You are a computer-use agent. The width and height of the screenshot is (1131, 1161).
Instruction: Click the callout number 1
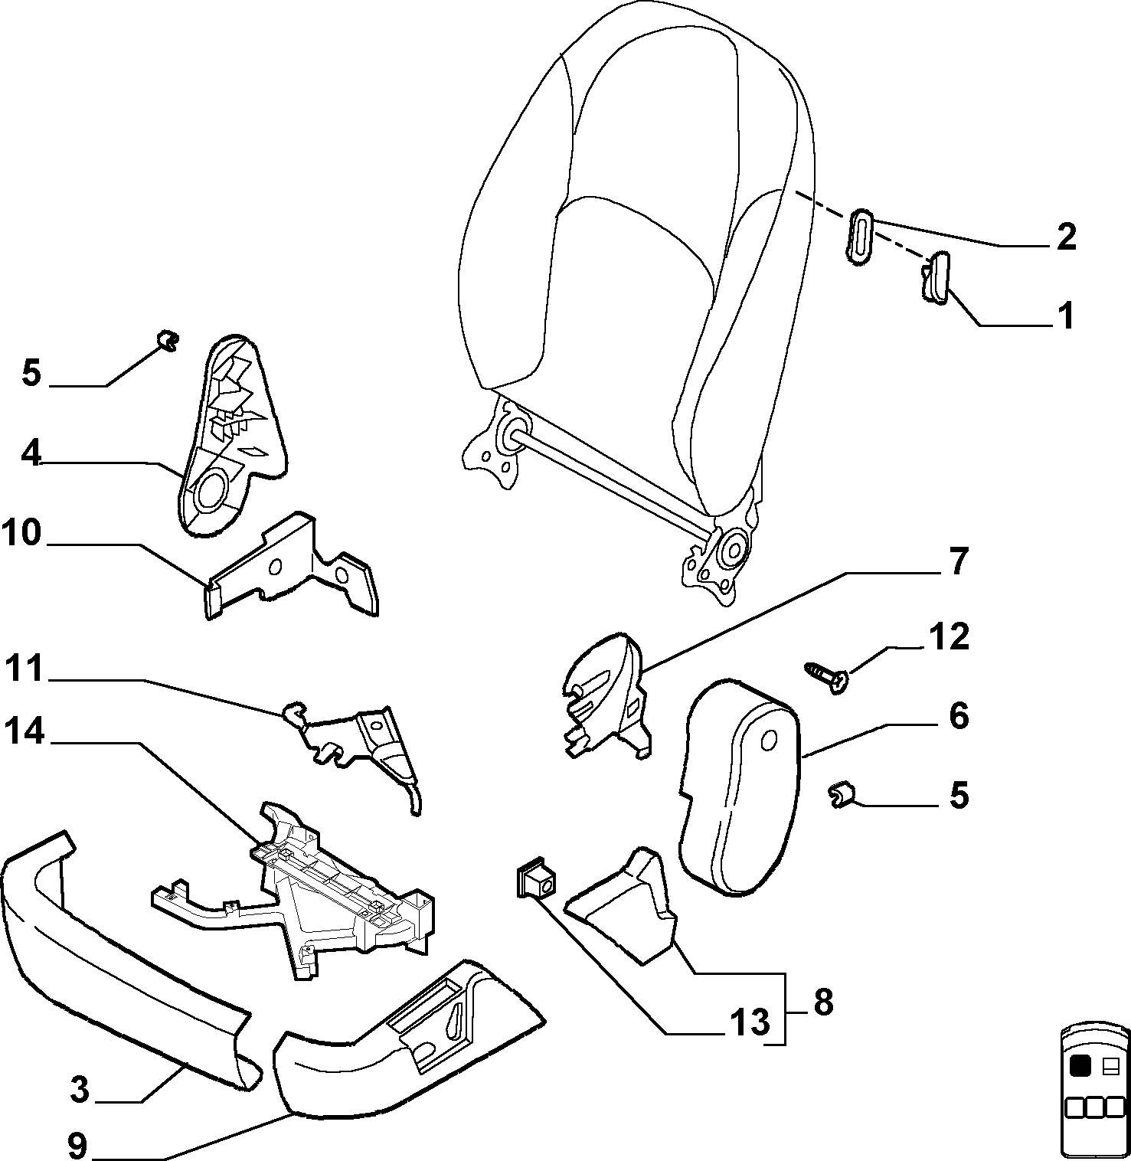coord(1064,316)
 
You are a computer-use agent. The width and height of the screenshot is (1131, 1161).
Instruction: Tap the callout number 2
coord(1065,237)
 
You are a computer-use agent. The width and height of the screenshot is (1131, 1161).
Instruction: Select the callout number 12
coord(949,636)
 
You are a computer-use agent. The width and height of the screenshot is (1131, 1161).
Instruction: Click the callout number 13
coord(748,1021)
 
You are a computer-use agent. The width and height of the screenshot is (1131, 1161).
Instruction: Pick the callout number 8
coord(822,1001)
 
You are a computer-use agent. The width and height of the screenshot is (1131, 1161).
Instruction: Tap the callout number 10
coord(21,533)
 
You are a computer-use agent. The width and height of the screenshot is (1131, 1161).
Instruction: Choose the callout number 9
coord(77,1146)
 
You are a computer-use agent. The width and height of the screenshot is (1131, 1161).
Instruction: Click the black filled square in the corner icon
coord(1080,1065)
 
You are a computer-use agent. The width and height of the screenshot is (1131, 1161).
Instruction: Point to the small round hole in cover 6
coord(771,739)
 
